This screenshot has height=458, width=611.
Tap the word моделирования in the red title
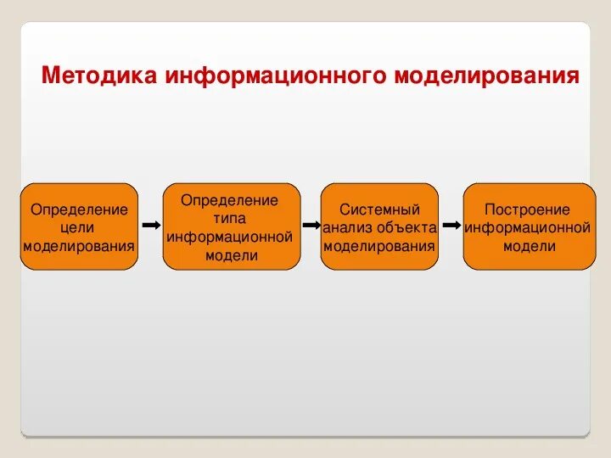tap(487, 75)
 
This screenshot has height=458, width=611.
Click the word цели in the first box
tap(79, 227)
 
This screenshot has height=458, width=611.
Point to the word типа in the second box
tap(230, 218)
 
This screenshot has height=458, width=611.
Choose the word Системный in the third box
tap(379, 209)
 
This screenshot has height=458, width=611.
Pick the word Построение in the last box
tap(528, 209)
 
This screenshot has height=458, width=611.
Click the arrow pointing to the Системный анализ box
tap(311, 226)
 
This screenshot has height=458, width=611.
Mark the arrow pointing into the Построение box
tap(451, 226)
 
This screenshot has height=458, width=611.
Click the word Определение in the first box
tap(79, 209)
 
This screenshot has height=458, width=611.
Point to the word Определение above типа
tap(230, 200)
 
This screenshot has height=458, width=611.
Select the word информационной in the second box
tap(230, 237)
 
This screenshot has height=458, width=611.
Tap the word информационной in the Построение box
tap(528, 227)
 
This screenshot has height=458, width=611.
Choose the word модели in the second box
tap(230, 254)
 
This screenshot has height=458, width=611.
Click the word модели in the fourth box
tap(528, 246)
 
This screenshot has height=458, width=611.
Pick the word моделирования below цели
tap(79, 246)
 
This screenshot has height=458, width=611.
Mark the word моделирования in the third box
tap(379, 246)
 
